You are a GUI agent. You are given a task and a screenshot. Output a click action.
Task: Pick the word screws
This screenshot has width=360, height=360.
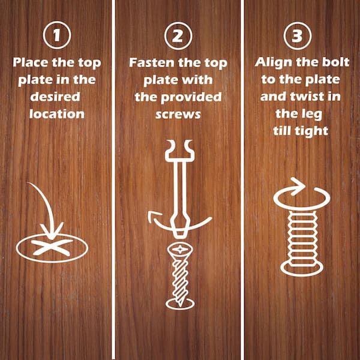coord(178,113)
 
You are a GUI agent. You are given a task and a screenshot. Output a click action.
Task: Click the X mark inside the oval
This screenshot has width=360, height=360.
coord(53,247)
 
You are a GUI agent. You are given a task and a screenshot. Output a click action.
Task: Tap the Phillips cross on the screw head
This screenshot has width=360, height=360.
coord(179,248)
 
